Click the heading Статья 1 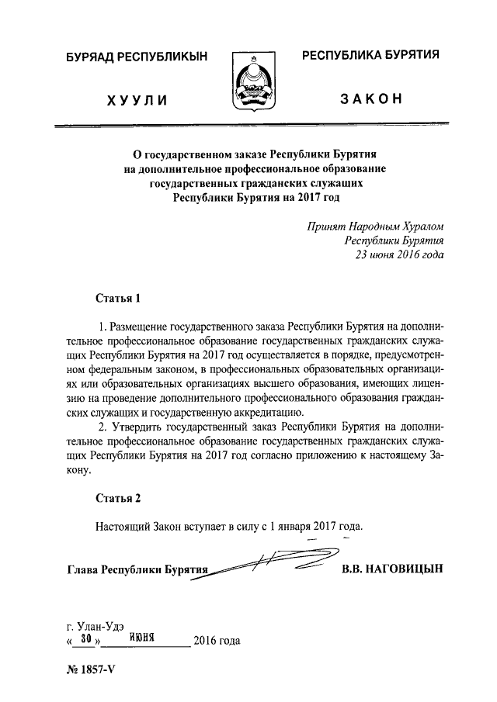point(118,297)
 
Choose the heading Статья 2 point(118,497)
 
